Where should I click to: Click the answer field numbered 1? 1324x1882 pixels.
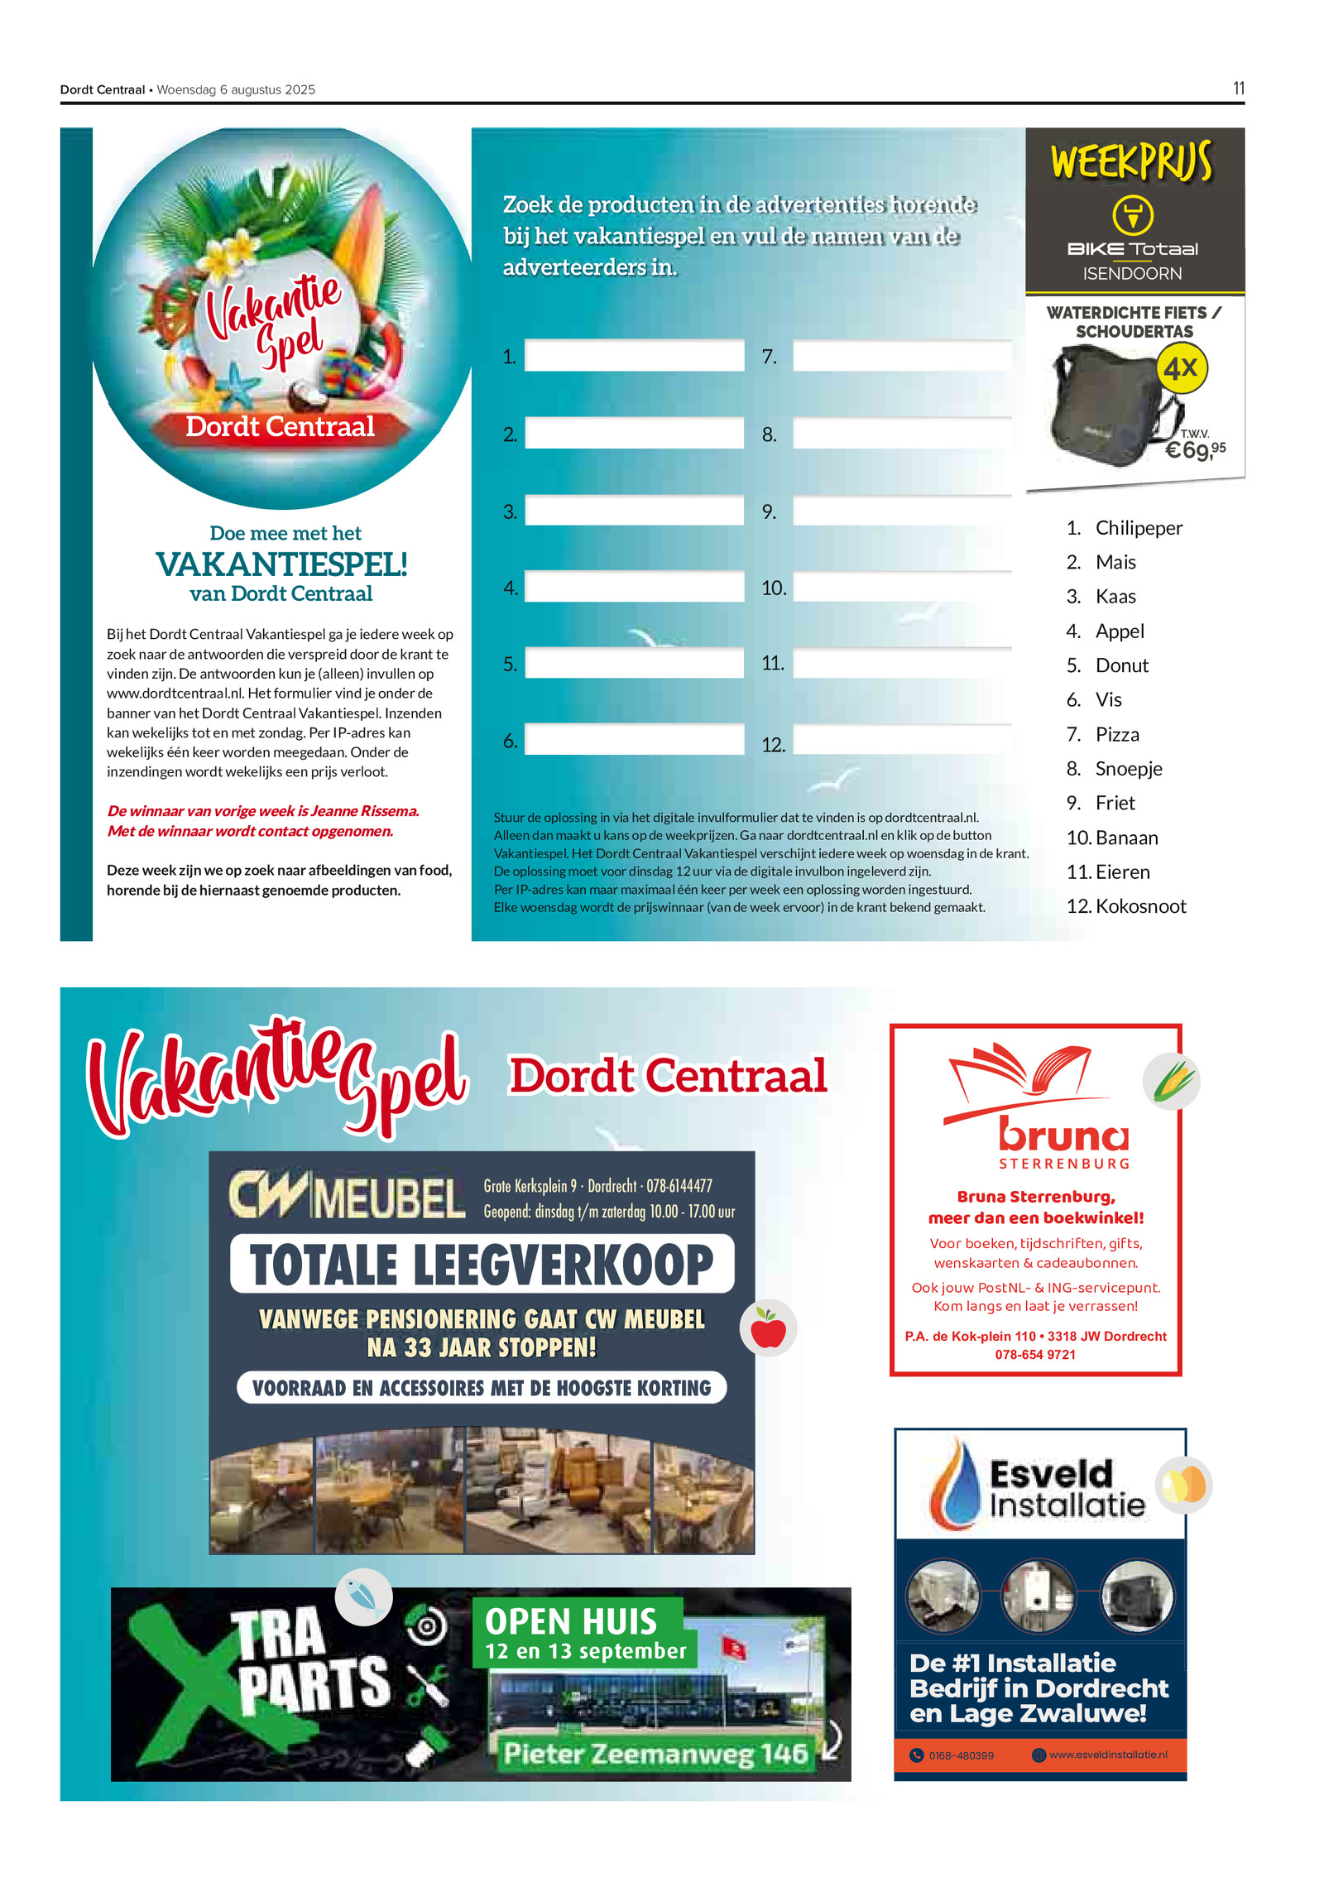(x=634, y=356)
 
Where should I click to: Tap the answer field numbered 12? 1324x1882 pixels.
(x=902, y=740)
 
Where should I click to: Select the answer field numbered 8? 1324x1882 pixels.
(x=902, y=434)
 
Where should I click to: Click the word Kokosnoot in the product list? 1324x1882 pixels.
(x=1140, y=906)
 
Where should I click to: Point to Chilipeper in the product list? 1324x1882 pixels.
(x=1139, y=528)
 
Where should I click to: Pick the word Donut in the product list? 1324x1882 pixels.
(x=1121, y=665)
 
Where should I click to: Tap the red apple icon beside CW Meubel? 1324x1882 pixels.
(x=768, y=1328)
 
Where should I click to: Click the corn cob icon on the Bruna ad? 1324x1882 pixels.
(x=1171, y=1082)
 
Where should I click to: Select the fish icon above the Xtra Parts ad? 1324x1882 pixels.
(x=363, y=1596)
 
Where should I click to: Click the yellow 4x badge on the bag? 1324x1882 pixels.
(x=1181, y=368)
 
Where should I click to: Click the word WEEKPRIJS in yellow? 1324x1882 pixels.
(x=1131, y=161)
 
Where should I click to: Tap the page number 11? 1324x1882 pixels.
(x=1238, y=89)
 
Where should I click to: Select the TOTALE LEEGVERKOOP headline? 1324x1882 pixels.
(x=482, y=1265)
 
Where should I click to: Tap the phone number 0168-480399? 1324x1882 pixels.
(x=961, y=1755)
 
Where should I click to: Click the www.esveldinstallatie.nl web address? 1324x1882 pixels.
(x=1108, y=1755)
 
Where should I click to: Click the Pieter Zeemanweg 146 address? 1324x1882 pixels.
(x=655, y=1754)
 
